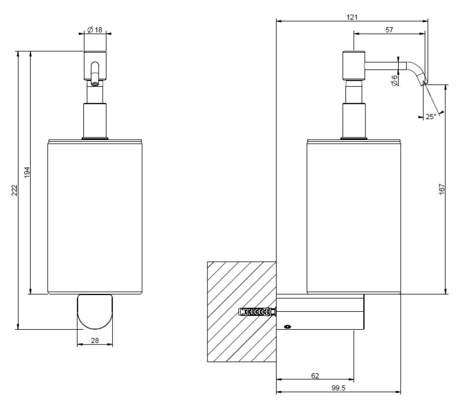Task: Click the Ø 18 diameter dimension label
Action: [x=95, y=30]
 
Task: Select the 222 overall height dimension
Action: [x=15, y=190]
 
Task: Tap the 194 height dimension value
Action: [x=28, y=173]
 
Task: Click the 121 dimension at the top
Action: [x=351, y=16]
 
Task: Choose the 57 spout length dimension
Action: [x=389, y=30]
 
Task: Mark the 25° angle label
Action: [x=431, y=117]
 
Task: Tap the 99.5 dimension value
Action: [x=338, y=388]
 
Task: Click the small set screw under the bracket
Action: [x=287, y=326]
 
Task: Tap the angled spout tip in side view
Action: [x=421, y=78]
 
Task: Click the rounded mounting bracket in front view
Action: [x=95, y=312]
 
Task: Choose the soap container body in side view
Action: [x=354, y=216]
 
